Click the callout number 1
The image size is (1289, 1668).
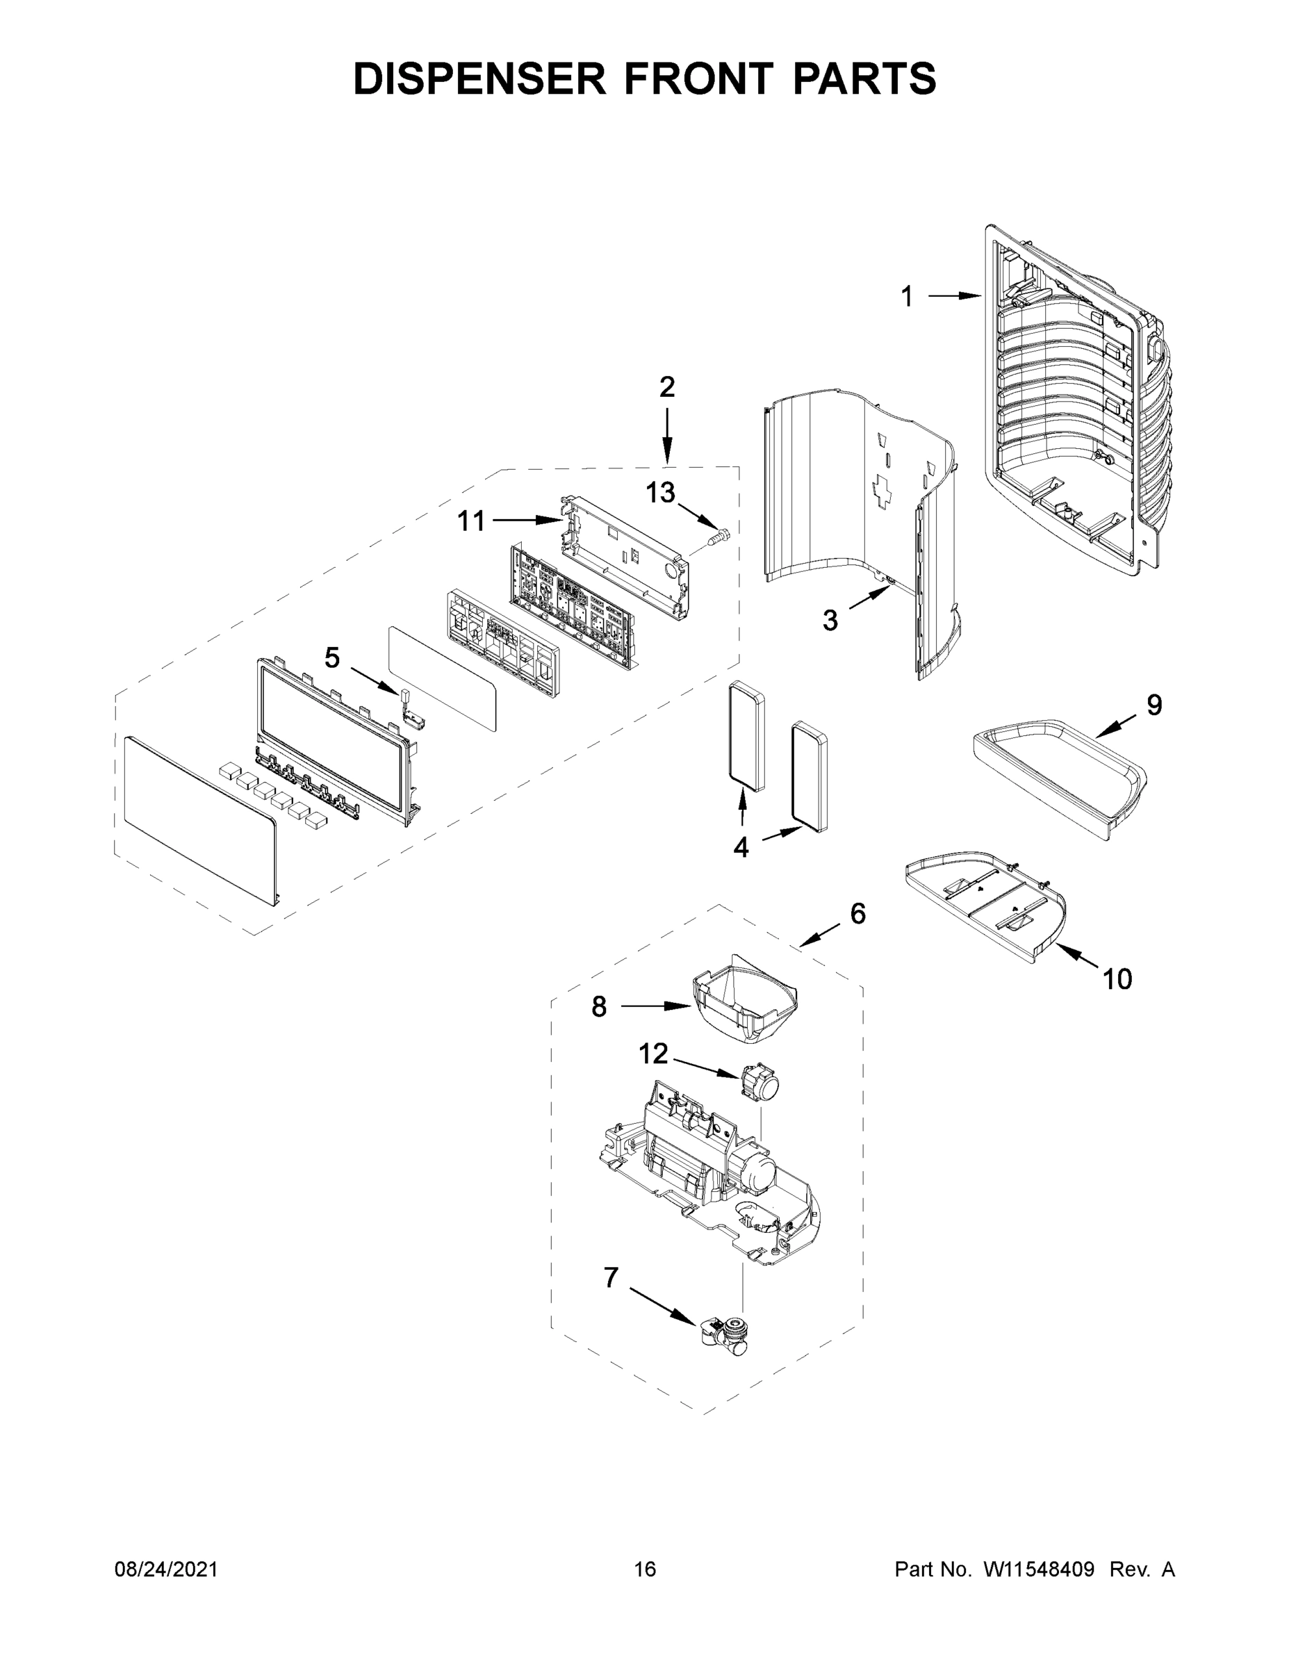[906, 296]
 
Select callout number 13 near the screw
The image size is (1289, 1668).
[661, 493]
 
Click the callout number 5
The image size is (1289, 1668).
[331, 657]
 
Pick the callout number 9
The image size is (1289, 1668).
[1153, 704]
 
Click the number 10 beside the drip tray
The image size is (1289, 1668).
[1117, 979]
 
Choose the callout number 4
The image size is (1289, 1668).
[741, 847]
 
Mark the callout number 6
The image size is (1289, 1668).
[857, 913]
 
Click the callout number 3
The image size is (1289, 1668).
[830, 620]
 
